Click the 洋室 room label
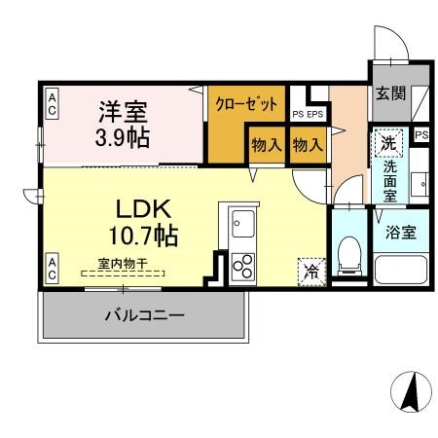pos(122,111)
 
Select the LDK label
pos(144,208)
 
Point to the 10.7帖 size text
pos(143,235)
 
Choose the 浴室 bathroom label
pos(402,233)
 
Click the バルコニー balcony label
pos(143,315)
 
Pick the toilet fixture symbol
pos(347,255)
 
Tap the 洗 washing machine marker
pos(388,142)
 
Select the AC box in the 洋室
pos(52,103)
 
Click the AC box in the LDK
pos(52,266)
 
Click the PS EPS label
pos(309,115)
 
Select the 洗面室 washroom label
pos(388,178)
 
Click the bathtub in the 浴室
pos(402,271)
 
